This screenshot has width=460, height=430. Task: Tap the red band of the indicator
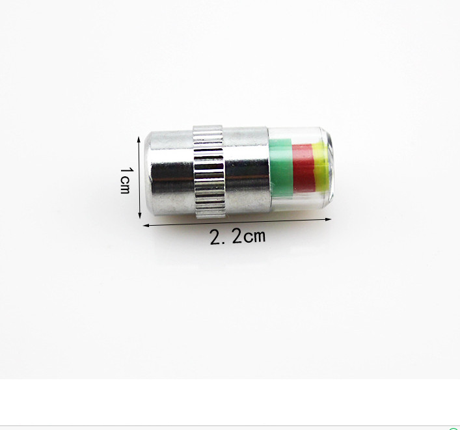(x=304, y=168)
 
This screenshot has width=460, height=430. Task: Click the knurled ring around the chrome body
(x=209, y=172)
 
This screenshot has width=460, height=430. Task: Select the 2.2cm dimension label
(x=237, y=236)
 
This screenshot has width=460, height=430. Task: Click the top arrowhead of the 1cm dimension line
(x=139, y=139)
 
